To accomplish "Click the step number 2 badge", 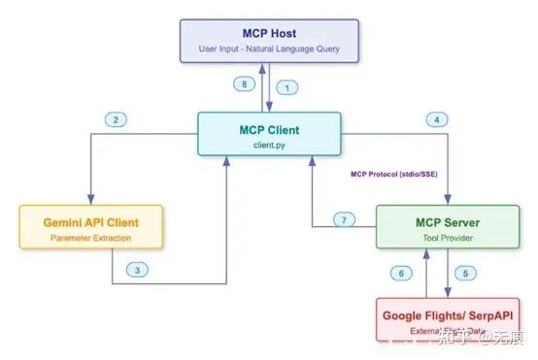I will (117, 119).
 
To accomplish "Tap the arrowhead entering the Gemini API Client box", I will (89, 199).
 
